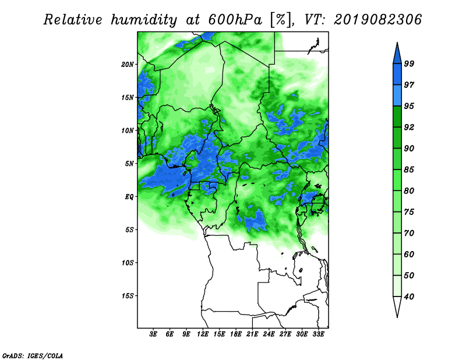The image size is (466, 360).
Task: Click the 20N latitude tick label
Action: [x=127, y=65]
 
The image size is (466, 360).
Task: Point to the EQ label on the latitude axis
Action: [x=129, y=197]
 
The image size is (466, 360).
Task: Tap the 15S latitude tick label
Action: [x=127, y=296]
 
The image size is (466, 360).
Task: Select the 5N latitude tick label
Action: [x=129, y=164]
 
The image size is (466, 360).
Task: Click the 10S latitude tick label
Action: [x=127, y=263]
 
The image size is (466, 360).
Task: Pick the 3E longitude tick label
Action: [x=153, y=334]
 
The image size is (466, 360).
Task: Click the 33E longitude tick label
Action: [x=318, y=334]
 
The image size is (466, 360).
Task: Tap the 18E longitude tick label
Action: [x=235, y=334]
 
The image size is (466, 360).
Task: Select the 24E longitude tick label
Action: [x=269, y=334]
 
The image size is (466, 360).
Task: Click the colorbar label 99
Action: [x=409, y=63]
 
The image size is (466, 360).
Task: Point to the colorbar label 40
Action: [x=409, y=297]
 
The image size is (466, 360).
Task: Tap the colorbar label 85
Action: [x=409, y=170]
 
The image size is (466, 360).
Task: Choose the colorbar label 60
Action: [x=409, y=254]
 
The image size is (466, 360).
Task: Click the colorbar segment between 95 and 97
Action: [x=397, y=96]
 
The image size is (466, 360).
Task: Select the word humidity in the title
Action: [x=144, y=20]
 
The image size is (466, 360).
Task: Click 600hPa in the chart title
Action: [x=235, y=20]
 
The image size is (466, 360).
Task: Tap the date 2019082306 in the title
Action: [x=377, y=20]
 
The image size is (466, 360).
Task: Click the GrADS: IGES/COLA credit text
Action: [x=33, y=355]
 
